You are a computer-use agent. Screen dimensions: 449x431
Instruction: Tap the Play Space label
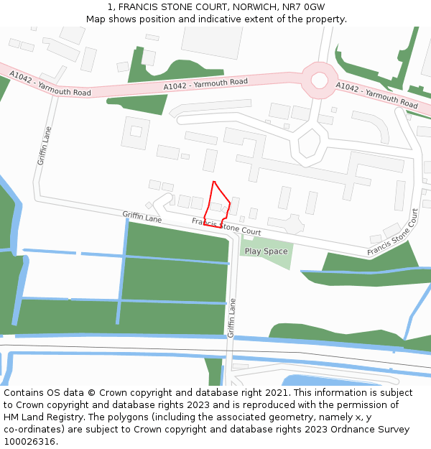[x=266, y=251]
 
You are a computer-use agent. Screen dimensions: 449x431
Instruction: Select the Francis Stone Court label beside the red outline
[x=226, y=226]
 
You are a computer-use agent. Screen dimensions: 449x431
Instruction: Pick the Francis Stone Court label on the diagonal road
[x=392, y=233]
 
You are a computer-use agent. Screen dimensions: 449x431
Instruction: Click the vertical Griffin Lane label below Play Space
[x=231, y=318]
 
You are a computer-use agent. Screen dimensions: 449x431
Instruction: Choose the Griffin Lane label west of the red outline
[x=142, y=215]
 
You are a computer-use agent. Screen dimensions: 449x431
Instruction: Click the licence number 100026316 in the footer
[x=30, y=442]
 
